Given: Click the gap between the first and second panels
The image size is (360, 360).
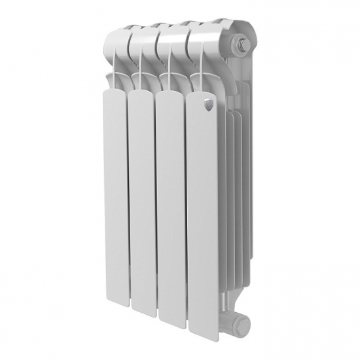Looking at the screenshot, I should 126,196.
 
